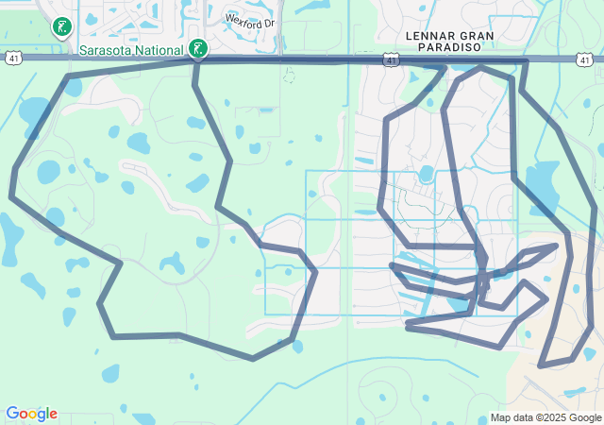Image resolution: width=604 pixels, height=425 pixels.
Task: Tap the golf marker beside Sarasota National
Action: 197,48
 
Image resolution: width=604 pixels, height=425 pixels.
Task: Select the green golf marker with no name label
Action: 63,26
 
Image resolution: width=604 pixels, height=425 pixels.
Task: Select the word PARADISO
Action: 431,47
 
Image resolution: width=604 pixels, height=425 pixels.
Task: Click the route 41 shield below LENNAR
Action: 391,60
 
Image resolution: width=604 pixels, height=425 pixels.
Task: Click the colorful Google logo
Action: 31,414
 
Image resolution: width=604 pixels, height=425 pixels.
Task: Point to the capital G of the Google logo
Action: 11,414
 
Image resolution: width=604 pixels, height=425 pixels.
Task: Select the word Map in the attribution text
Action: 500,417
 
